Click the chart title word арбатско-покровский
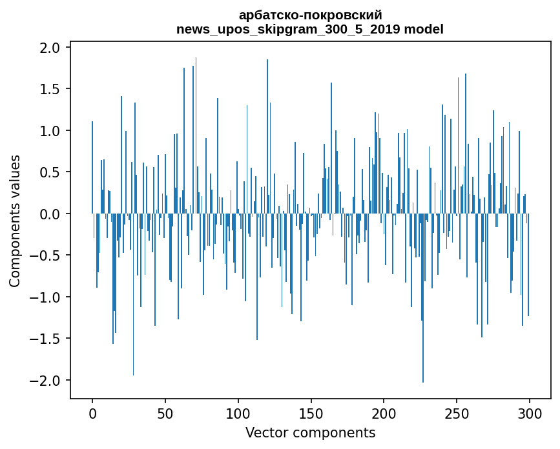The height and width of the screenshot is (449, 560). [310, 15]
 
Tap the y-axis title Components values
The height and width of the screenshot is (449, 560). [15, 221]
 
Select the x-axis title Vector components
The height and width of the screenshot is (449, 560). [310, 432]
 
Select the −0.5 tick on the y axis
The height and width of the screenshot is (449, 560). [47, 255]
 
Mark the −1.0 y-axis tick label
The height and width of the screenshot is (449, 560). [47, 297]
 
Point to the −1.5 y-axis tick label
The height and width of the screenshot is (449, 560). [47, 339]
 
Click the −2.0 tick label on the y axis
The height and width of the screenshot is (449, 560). [47, 381]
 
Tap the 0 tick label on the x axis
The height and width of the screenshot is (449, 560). [92, 413]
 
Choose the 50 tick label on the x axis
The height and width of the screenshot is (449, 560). [165, 413]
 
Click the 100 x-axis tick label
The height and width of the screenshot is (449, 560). [238, 413]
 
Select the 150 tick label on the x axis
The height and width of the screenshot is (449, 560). [311, 413]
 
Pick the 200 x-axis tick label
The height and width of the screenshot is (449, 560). [384, 413]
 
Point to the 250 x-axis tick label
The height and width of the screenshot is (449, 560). [457, 413]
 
